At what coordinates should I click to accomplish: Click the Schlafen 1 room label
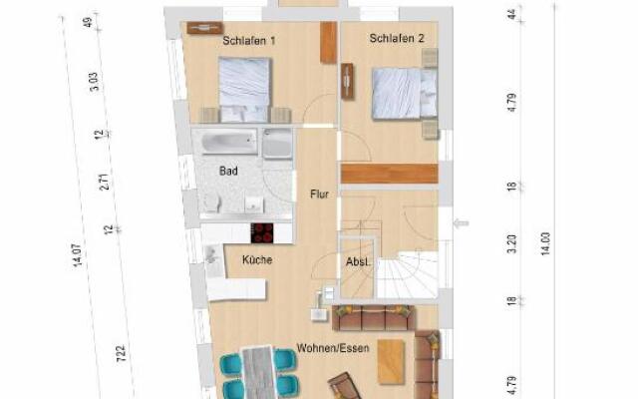pos(249,41)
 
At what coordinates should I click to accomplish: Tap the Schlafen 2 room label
pos(397,38)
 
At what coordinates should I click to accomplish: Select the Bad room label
pos(228,171)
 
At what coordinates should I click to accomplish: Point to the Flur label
pos(319,195)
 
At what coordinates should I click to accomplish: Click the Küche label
pos(257,259)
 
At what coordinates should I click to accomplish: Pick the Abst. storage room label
pos(358,262)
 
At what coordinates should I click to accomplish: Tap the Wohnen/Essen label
pos(333,348)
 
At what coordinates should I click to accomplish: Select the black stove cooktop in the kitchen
pos(262,232)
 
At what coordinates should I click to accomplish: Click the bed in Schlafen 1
pos(244,90)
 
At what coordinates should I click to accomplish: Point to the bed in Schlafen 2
pos(405,94)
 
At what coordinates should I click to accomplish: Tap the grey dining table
pos(258,372)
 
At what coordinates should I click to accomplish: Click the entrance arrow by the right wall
pos(461,223)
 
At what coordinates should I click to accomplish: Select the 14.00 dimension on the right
pos(545,243)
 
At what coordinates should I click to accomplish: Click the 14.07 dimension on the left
pos(77,255)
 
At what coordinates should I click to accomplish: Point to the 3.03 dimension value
pos(93,82)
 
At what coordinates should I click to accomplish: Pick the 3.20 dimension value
pos(512,243)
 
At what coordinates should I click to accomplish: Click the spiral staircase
pos(408,275)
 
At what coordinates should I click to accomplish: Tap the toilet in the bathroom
pos(212,202)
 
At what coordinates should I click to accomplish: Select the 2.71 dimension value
pos(105,182)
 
